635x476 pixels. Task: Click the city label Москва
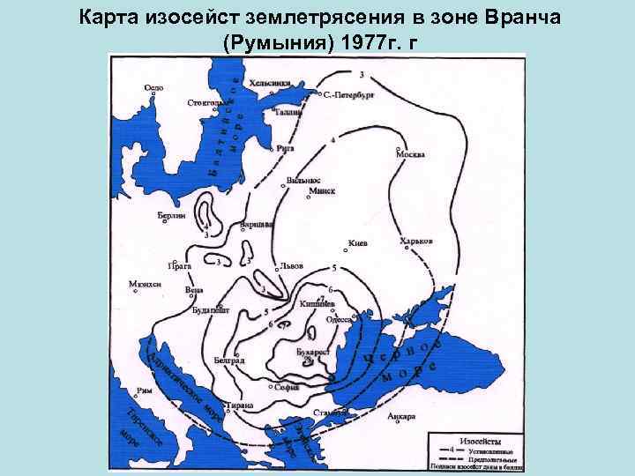(x=410, y=153)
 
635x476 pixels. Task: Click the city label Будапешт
(x=210, y=310)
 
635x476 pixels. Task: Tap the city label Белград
(x=229, y=361)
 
